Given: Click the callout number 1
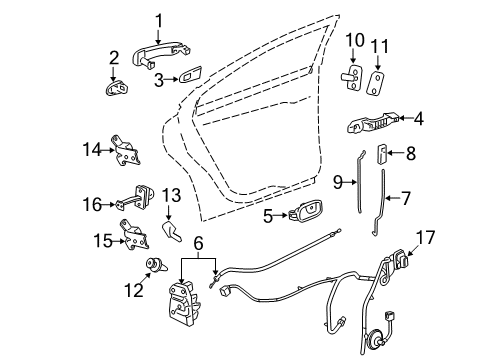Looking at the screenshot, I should coord(157,19).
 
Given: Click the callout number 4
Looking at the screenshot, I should coord(418,120).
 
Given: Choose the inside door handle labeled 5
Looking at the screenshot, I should coord(309,214).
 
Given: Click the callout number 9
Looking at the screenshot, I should coord(337,182).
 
